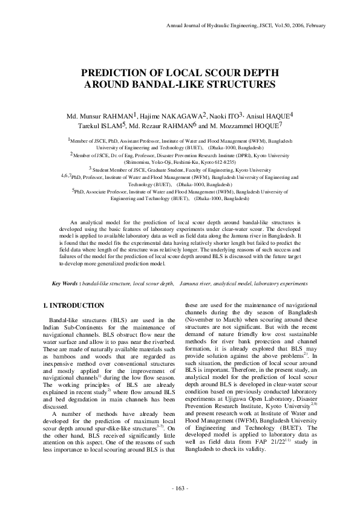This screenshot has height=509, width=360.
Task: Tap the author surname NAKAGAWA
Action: coord(183,115)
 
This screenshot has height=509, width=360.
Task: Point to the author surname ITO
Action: coord(232,115)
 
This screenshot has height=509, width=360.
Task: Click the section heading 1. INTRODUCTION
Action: coord(70,306)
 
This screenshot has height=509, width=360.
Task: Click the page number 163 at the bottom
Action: coord(181,488)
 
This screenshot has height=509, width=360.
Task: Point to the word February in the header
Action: coord(314,26)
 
